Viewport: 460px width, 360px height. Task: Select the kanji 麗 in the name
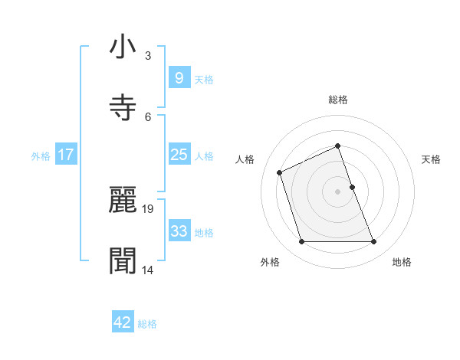pos(123,200)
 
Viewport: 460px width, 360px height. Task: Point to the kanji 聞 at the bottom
pos(123,260)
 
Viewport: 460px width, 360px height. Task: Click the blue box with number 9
pos(179,77)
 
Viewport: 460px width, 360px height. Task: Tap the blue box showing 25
pos(179,155)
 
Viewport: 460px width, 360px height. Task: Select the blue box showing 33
pos(179,231)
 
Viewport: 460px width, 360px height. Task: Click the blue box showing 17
pos(65,155)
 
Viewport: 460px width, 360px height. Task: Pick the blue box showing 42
pos(123,322)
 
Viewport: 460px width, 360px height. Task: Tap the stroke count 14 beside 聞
pos(148,270)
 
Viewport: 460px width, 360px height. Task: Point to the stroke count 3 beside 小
pos(148,56)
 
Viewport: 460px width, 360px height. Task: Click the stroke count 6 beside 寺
pos(148,116)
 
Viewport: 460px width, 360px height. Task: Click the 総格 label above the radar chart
pos(338,100)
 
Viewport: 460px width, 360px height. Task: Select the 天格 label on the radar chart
pos(432,159)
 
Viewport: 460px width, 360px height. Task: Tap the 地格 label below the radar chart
pos(402,262)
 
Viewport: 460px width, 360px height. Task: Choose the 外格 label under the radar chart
pos(270,262)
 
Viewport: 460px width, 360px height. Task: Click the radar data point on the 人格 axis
pos(281,172)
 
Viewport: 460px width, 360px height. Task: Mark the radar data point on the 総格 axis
pos(337,146)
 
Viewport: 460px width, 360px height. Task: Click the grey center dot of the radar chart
pos(337,191)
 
